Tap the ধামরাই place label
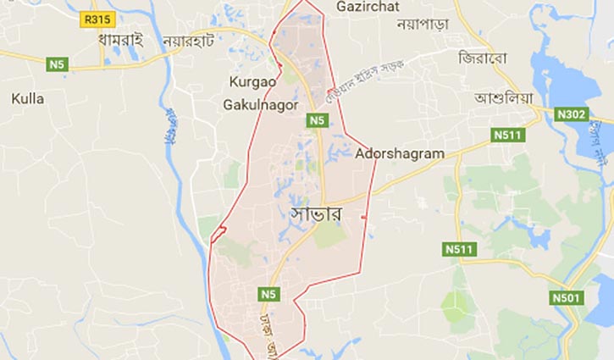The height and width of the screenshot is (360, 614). (120, 39)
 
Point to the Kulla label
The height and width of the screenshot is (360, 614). (27, 99)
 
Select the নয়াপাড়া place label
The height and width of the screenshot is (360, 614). (422, 24)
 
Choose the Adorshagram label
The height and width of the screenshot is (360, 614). (400, 154)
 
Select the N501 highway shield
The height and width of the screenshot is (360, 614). (567, 297)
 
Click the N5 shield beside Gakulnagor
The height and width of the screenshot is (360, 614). (317, 121)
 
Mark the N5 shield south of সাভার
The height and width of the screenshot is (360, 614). (269, 294)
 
